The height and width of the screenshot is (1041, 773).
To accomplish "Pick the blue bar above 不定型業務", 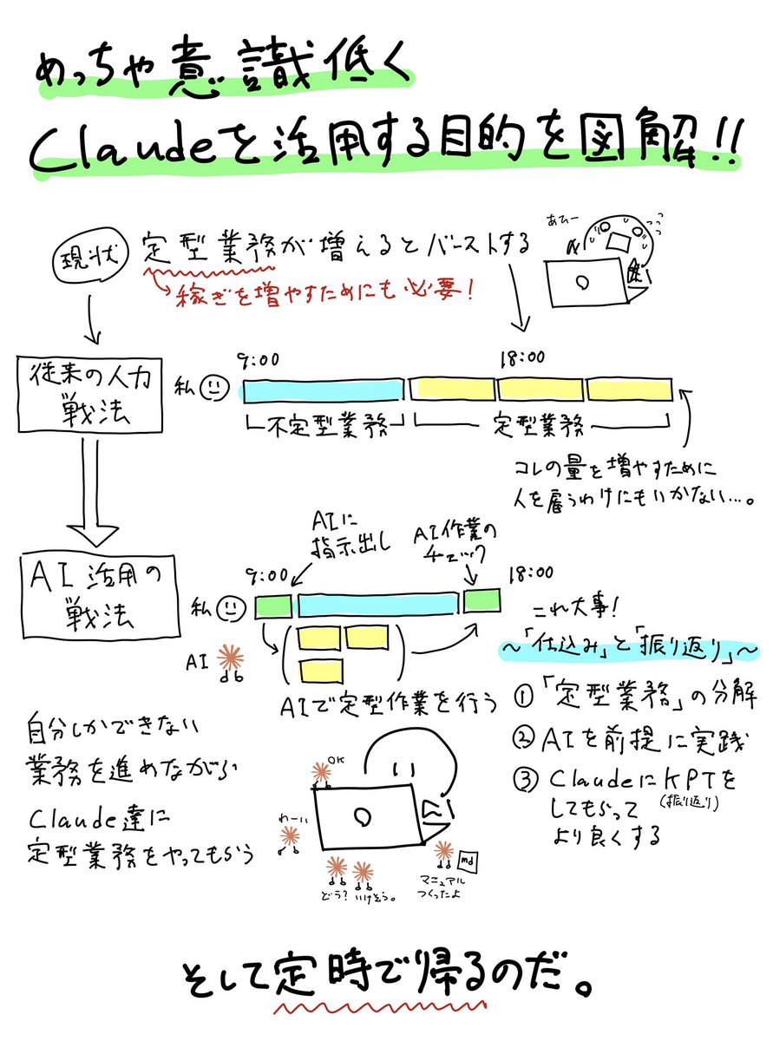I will [x=324, y=390].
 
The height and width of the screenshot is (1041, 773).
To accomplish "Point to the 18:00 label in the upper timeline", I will [x=522, y=357].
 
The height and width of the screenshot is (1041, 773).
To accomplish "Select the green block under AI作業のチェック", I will [x=481, y=601].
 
